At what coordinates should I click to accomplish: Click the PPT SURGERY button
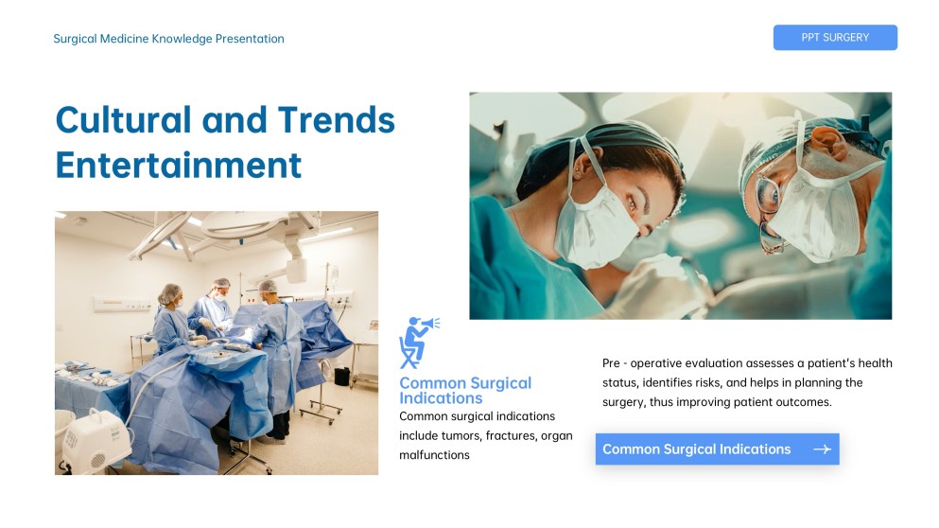point(834,38)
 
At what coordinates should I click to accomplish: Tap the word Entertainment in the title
point(179,165)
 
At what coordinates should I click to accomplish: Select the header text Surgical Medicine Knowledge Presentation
point(168,39)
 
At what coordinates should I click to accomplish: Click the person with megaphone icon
point(417,342)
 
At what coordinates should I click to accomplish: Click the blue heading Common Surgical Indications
point(464,390)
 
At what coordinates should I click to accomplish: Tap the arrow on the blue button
point(821,449)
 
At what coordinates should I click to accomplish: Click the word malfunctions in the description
point(434,455)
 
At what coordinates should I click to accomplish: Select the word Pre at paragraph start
point(612,363)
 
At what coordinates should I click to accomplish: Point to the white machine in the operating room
point(96,440)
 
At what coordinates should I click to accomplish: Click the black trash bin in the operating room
point(341,376)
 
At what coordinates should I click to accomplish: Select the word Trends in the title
point(336,120)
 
